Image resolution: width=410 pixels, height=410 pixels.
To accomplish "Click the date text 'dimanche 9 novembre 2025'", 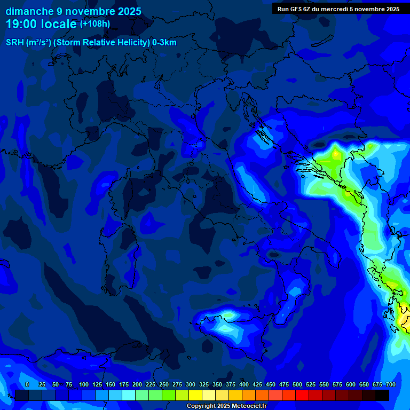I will (x=74, y=11).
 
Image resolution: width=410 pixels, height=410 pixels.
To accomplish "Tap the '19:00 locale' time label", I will (x=41, y=24).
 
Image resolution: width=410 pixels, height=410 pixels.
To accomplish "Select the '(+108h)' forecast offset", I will (x=94, y=23).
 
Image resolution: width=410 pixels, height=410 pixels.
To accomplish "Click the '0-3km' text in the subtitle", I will (x=164, y=43).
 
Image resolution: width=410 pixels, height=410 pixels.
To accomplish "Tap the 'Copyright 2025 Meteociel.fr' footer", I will (x=226, y=406).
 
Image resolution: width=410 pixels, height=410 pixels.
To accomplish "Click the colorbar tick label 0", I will (x=27, y=384).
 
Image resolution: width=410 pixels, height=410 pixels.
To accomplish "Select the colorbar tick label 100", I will (x=84, y=384).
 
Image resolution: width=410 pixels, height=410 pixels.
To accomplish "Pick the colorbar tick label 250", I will (x=164, y=384).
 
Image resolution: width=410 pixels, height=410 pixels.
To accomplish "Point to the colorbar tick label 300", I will (x=191, y=384).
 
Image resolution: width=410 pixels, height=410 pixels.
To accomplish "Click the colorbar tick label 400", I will (x=244, y=384).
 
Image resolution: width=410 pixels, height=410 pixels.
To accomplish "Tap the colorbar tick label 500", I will (x=297, y=384).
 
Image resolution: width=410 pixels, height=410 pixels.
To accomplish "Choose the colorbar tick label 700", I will (x=390, y=384).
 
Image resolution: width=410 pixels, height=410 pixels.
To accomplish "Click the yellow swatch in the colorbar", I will (x=195, y=396).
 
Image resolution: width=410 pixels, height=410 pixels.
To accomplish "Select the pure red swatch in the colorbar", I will (x=302, y=396).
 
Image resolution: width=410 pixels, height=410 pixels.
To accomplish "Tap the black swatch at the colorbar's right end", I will (x=382, y=396).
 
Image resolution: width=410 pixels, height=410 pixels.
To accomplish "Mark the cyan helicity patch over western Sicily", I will (x=227, y=316).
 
